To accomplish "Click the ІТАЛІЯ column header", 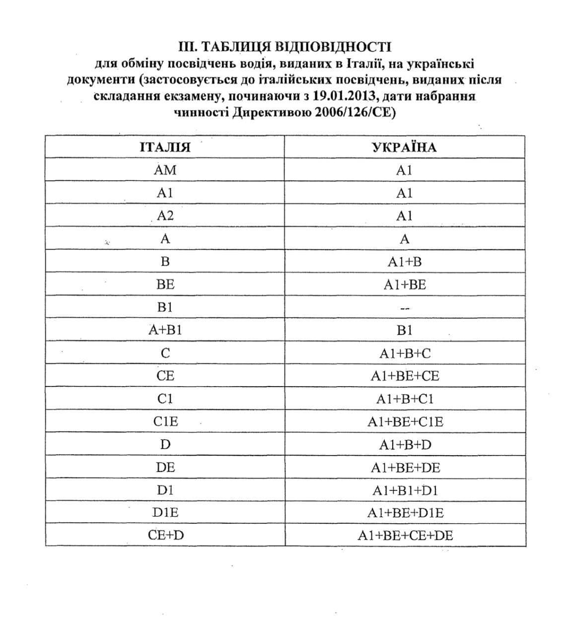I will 165,147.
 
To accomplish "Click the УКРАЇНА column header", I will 404,147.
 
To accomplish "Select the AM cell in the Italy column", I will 165,170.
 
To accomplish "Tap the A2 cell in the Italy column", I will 165,216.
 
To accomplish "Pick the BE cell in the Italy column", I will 165,285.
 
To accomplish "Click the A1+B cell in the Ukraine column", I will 404,262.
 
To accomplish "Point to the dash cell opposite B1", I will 404,308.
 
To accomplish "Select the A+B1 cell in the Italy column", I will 165,330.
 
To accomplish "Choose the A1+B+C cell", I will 404,353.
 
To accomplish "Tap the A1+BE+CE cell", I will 404,376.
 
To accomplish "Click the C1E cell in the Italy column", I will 165,422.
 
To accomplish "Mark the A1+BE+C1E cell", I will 404,422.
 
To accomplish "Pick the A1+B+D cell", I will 404,445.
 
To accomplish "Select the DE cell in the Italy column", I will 165,468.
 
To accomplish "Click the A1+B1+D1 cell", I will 404,490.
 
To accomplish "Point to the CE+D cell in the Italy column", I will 165,536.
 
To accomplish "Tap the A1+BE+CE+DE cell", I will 404,536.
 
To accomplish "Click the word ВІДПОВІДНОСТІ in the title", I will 333,47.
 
